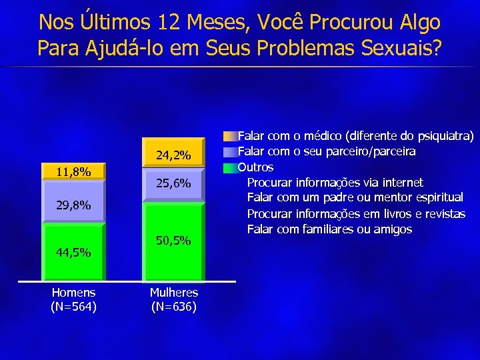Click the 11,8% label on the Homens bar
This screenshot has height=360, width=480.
[x=73, y=172]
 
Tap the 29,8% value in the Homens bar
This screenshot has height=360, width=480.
[x=73, y=205]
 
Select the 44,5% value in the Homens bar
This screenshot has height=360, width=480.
[x=73, y=253]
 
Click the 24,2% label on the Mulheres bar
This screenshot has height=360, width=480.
[x=173, y=156]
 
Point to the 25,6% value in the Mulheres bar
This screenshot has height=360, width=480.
[x=173, y=183]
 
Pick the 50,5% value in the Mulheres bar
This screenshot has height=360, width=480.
[x=173, y=240]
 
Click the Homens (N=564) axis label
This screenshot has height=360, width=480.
[x=73, y=299]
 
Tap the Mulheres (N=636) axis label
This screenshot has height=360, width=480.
[x=173, y=299]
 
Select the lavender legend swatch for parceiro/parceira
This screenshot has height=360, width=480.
[x=230, y=151]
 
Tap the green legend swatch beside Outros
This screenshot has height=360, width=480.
[x=230, y=167]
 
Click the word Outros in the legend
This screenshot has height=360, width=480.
[x=255, y=167]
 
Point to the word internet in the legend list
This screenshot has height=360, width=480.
[x=402, y=182]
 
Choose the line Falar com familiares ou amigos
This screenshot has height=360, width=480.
[x=329, y=229]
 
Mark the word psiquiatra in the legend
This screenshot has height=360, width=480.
[x=444, y=137]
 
